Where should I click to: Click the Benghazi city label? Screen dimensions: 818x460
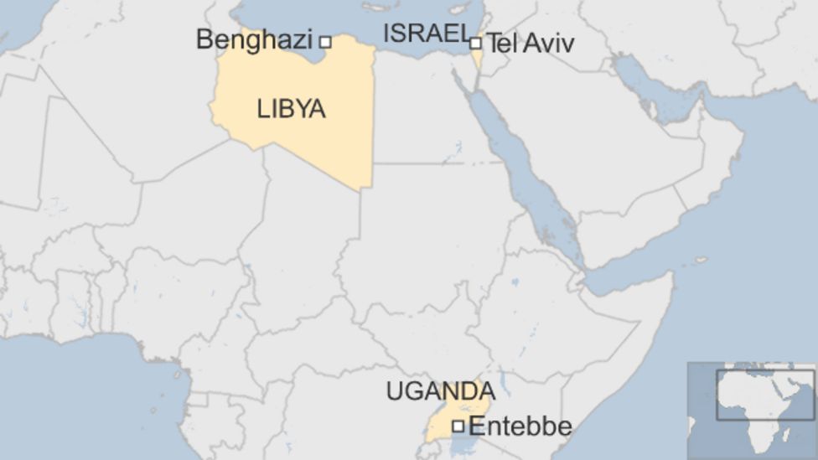point(253,39)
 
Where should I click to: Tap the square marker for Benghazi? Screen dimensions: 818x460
point(325,41)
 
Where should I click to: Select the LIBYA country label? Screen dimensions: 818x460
point(291,109)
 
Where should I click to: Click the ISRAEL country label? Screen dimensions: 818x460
point(425,34)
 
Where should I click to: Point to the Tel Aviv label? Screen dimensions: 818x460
point(531,44)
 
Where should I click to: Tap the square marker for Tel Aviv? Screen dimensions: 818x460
point(475,43)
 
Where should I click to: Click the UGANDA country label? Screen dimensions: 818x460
point(440,391)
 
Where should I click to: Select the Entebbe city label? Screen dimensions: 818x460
point(520,426)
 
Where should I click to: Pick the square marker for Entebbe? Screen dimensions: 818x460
point(458,426)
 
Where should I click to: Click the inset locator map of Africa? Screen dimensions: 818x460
point(752,411)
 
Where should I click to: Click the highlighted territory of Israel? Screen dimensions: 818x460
point(477,57)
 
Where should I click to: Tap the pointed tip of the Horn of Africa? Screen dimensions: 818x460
point(671,276)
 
